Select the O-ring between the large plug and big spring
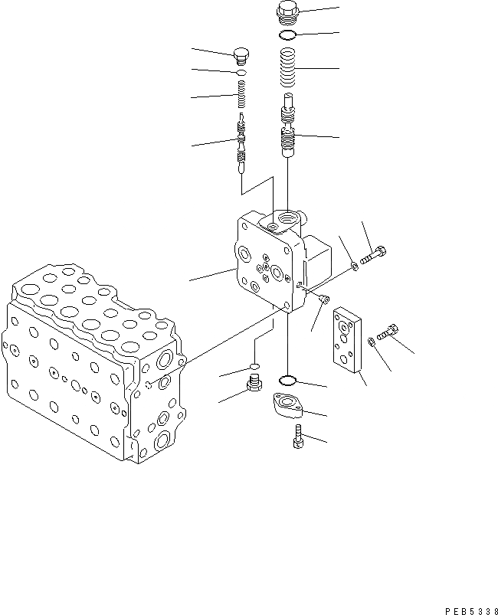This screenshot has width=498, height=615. [287, 35]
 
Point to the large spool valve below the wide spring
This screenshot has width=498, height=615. [287, 126]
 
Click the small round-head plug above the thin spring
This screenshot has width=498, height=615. [241, 54]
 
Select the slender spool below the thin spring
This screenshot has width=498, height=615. [242, 142]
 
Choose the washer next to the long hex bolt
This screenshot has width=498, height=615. [353, 266]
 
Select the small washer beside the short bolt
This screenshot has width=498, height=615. [372, 342]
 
